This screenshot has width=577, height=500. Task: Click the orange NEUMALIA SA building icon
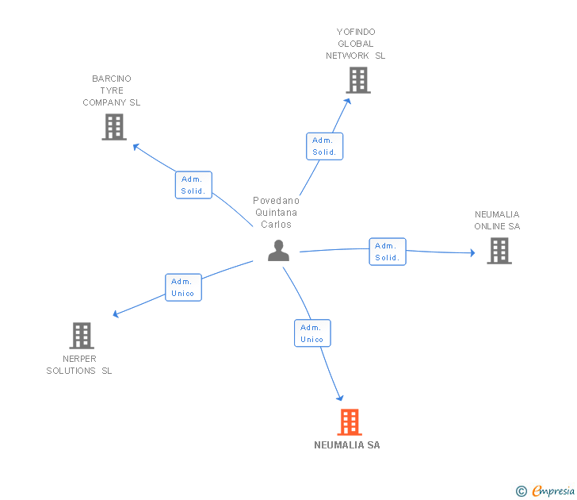pos(350,422)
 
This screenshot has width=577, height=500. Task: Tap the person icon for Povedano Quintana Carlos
pos(278,250)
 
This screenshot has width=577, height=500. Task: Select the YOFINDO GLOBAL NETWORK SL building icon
pos(358,80)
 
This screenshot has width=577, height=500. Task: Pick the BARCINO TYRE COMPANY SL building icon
pos(114,127)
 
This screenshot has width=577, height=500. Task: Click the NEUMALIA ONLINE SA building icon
pos(499,251)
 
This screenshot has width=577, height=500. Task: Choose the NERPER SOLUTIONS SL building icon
pos(82,336)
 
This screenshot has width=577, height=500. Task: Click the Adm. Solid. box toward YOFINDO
pos(324,146)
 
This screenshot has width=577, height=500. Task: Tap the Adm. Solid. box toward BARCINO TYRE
pos(193,185)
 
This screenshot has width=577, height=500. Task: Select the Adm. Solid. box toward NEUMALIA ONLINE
pos(388,252)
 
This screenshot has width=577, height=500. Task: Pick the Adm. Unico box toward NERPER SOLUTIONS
pos(182,287)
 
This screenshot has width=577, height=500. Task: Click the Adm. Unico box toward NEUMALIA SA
pos(312,333)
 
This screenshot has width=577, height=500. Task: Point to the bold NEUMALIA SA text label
pos(347,445)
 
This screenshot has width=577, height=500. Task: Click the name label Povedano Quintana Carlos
pos(276,213)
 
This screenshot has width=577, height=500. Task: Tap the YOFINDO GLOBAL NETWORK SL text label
pos(356,44)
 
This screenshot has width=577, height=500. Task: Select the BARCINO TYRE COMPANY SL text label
pos(112,90)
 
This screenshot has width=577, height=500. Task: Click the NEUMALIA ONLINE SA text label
pos(497,221)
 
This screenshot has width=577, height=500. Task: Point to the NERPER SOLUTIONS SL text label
pos(79,365)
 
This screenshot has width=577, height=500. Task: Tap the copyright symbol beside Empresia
pos(522,491)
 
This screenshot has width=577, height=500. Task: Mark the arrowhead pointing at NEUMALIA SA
pos(340,398)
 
